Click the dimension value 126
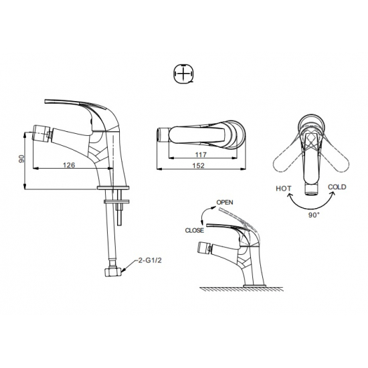coord(69,165)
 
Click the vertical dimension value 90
coord(21,159)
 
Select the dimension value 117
coord(201,155)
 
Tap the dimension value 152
coord(199,165)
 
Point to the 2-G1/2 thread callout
coord(150,260)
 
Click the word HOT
coord(284,189)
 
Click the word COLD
coord(337,187)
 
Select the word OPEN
coord(225,202)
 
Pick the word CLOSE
coord(195,230)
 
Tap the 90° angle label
coord(314,215)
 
